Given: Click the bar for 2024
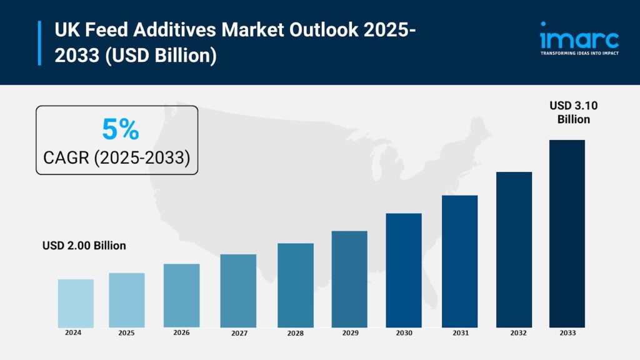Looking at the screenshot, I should point(76,303).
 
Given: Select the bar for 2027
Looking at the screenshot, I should point(238,291).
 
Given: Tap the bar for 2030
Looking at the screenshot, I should point(404,270).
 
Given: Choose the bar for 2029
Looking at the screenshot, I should point(349,279).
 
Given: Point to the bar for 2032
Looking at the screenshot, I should point(514,249).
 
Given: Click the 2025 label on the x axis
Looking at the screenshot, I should point(127,333).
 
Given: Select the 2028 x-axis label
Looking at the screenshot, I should point(295,334).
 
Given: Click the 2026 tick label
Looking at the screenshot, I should point(181,333).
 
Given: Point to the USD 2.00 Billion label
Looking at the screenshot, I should point(84,246).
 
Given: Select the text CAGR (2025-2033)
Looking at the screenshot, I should point(116,157).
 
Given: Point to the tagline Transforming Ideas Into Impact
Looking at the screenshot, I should point(579,54).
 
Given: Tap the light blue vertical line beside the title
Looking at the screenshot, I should point(39,42).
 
